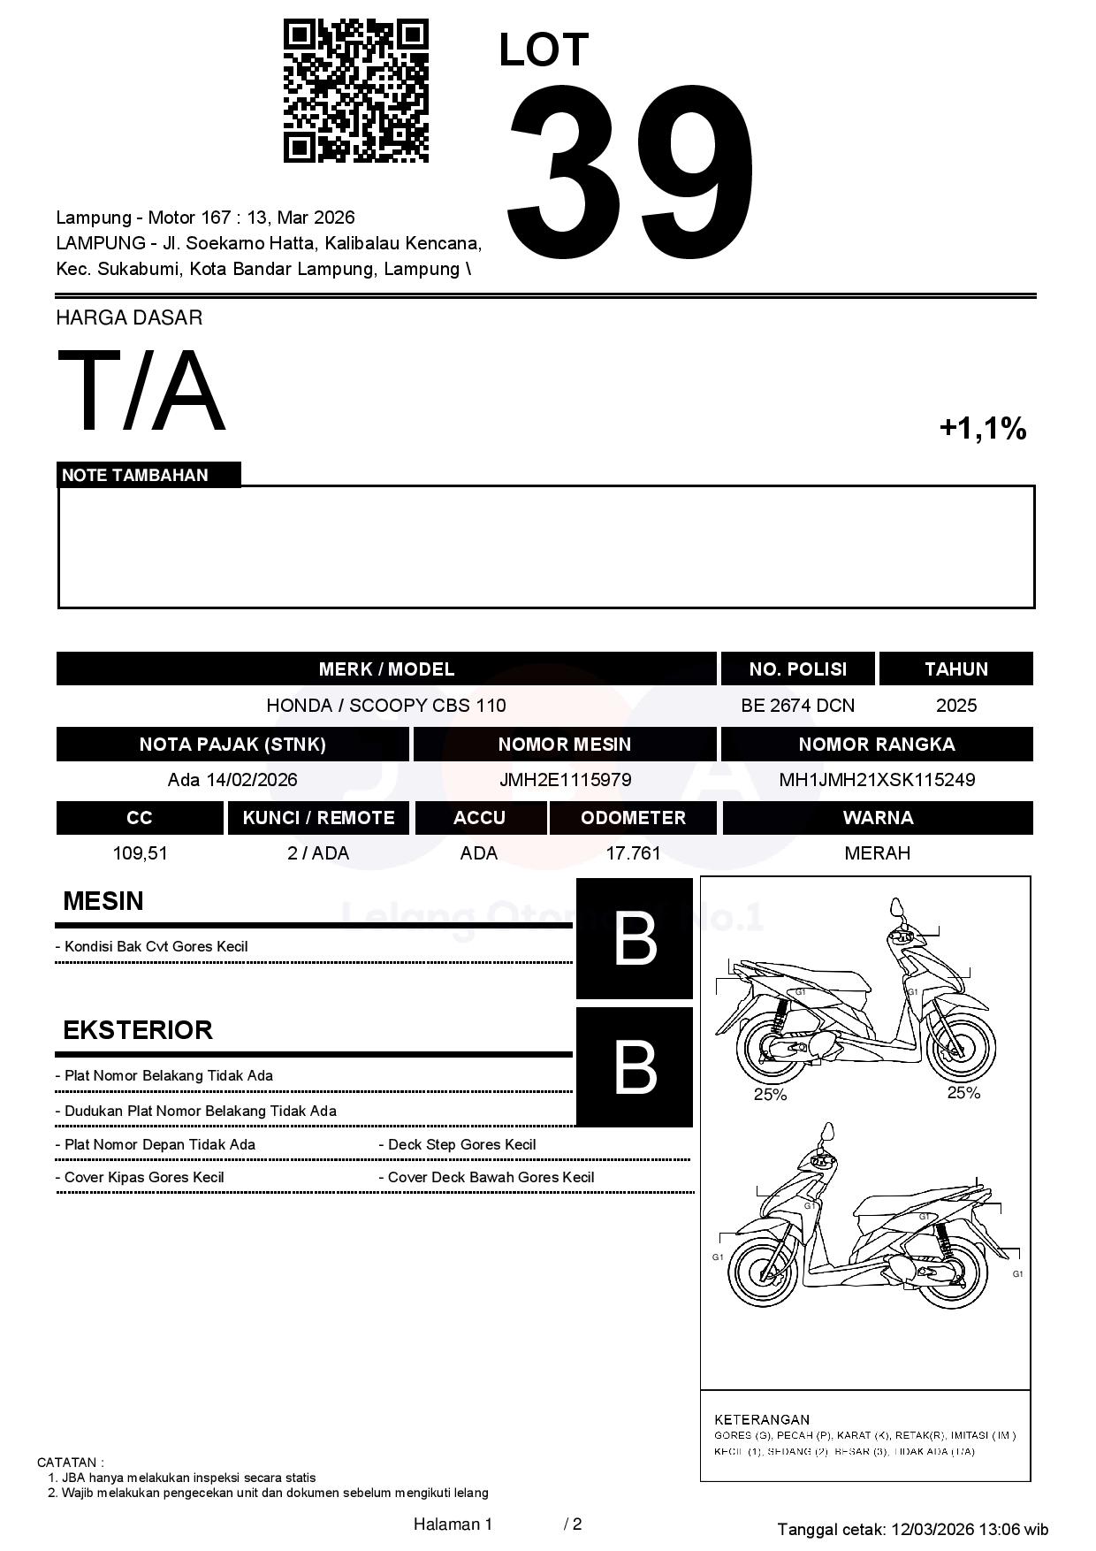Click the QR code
click(355, 91)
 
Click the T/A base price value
click(141, 391)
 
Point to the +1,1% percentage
click(982, 429)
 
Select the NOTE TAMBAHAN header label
click(135, 475)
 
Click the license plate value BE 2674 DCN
click(797, 706)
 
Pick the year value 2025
click(955, 706)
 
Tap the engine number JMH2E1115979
click(565, 780)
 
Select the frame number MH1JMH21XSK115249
click(876, 780)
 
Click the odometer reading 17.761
click(633, 853)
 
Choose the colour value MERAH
click(877, 853)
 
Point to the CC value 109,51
click(140, 853)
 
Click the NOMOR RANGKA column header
click(876, 745)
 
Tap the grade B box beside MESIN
click(635, 939)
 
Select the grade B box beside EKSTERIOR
click(635, 1067)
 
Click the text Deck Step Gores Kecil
click(461, 1144)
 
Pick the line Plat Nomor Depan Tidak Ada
click(159, 1144)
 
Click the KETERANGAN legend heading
click(761, 1419)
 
